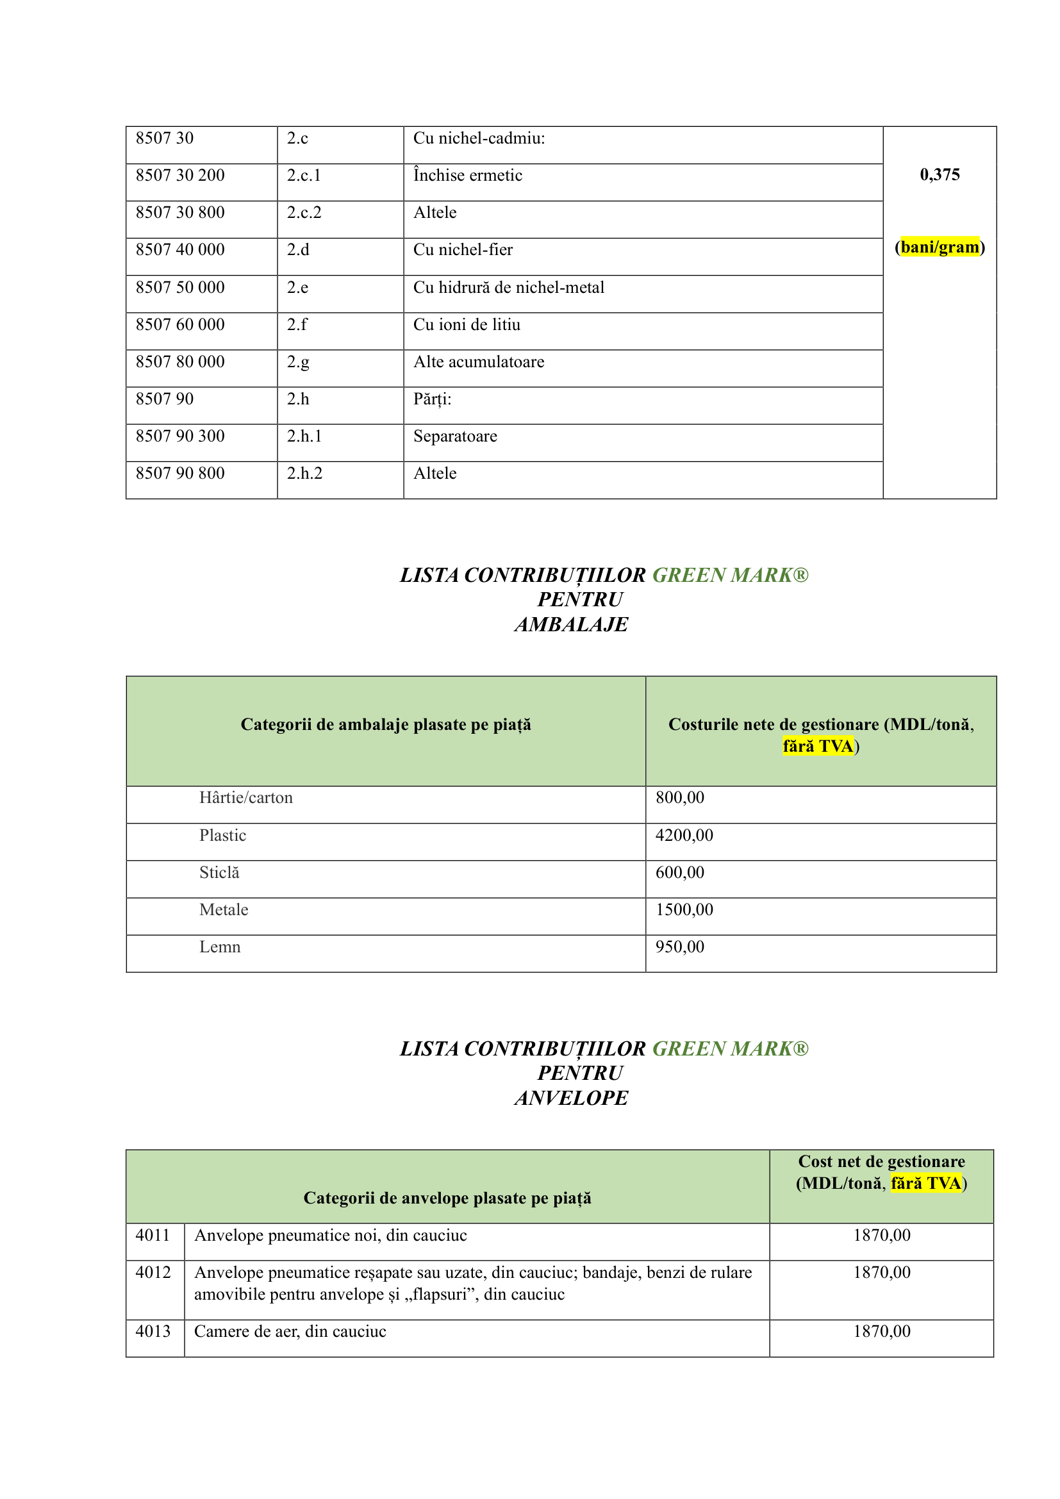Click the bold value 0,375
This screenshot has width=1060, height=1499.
[x=940, y=175]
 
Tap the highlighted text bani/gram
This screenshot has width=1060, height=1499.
[x=940, y=247]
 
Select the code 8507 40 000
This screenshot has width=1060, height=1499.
[x=180, y=250]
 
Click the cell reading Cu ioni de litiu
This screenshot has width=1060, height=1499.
[x=467, y=325]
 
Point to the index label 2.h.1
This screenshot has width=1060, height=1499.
[x=304, y=437]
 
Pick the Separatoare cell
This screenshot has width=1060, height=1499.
[x=455, y=437]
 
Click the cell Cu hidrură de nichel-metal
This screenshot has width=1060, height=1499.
[x=508, y=288]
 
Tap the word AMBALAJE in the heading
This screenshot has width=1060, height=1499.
[x=571, y=625]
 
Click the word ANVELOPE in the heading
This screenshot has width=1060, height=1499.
[x=571, y=1098]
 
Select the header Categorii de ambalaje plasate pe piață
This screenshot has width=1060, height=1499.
[x=386, y=725]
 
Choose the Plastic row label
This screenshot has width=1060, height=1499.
[x=222, y=836]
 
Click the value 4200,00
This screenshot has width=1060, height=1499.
[x=684, y=836]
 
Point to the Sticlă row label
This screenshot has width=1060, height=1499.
[x=219, y=873]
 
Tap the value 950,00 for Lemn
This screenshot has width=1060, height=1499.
[x=679, y=947]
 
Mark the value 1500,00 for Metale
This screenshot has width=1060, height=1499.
[x=684, y=910]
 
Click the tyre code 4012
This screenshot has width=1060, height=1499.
[x=153, y=1273]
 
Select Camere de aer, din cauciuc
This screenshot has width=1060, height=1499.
[x=290, y=1332]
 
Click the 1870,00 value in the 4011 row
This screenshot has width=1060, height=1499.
[x=881, y=1235]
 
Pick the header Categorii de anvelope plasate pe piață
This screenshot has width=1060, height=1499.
[x=447, y=1198]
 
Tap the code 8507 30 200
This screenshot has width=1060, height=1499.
[x=180, y=176]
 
